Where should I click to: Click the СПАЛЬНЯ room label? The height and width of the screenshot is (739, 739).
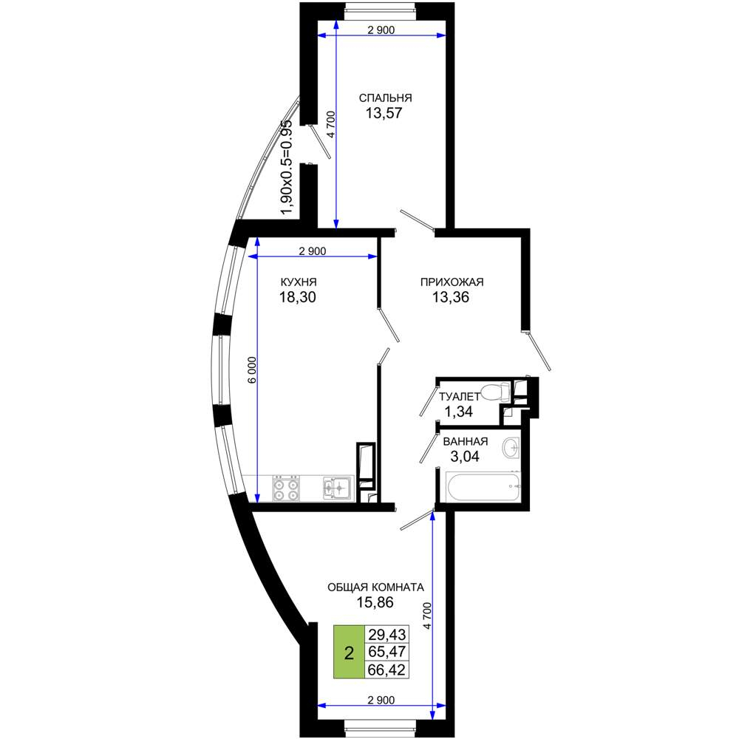[385, 98]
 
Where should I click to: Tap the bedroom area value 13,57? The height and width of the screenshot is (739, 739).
[384, 113]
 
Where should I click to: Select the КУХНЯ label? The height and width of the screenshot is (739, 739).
[299, 282]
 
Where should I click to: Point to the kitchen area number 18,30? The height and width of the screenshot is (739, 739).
[297, 297]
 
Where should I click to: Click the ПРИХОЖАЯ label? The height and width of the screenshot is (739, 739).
[452, 282]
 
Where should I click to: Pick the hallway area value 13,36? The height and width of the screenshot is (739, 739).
[451, 297]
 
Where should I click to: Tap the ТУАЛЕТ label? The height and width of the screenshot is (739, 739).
[460, 397]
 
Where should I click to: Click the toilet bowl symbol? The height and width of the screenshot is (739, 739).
[497, 391]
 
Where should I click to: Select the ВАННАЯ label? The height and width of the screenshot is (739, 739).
[465, 442]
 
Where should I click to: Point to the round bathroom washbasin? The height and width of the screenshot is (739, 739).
[511, 447]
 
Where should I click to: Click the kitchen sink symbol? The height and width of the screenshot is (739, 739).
[338, 488]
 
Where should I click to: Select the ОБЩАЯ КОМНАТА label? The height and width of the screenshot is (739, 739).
[375, 588]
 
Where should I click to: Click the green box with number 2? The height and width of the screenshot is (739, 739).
[350, 652]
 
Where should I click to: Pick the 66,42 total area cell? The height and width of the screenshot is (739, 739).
[386, 670]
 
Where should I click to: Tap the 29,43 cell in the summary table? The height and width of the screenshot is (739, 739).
[386, 634]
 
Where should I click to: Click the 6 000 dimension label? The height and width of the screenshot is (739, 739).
[253, 370]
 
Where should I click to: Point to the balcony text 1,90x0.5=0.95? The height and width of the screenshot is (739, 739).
[287, 167]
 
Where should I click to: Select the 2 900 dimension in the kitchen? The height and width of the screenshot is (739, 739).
[313, 251]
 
